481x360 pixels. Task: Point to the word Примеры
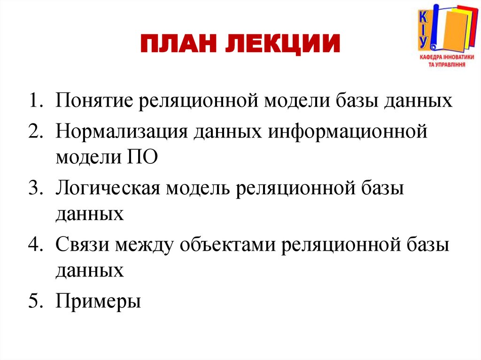tap(98, 300)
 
